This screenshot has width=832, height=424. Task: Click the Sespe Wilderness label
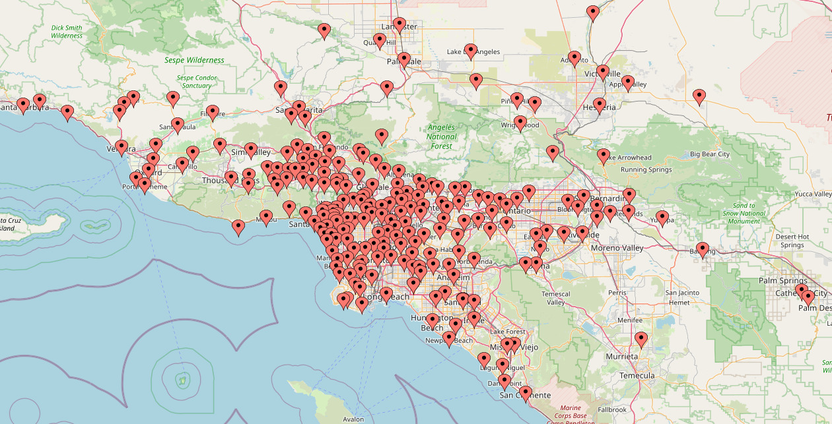point(194,60)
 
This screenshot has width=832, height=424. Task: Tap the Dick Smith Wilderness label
point(67,32)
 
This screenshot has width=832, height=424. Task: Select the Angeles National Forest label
point(442,136)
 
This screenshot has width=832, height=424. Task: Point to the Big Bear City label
point(710,154)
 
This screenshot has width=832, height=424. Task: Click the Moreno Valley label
point(620,248)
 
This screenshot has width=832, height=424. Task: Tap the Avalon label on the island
point(353,419)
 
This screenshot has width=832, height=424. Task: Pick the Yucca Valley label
point(813,195)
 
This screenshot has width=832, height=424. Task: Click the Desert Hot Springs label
point(792,241)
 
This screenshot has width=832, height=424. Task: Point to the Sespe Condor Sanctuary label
point(196,82)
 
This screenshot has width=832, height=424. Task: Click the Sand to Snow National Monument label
point(744,213)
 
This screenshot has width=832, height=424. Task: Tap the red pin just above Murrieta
point(641,340)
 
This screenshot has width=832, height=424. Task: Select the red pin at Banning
point(703,249)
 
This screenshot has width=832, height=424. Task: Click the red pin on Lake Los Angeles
point(470,51)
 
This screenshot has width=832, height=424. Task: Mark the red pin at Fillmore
point(212,112)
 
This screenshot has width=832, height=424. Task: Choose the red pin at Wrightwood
point(520,123)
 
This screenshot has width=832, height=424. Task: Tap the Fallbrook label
point(612,409)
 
